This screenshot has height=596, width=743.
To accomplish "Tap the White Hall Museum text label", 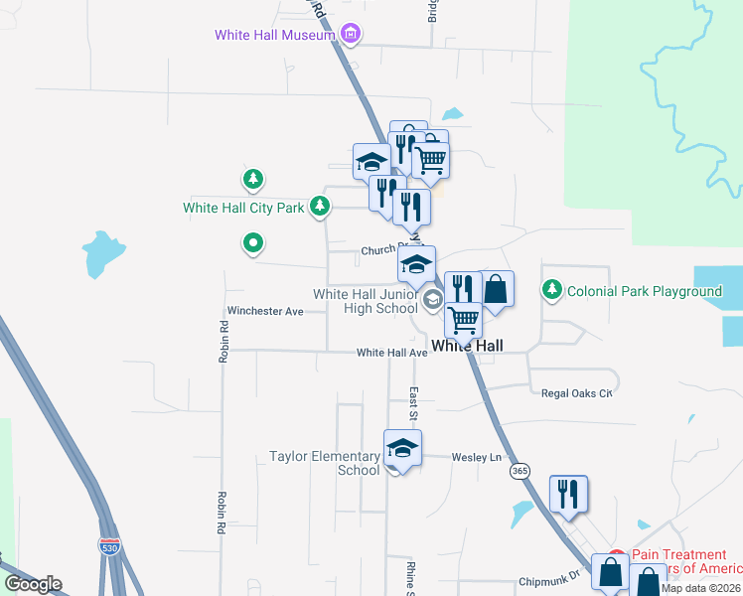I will point(276,36).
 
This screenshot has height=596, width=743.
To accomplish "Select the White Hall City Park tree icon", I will point(319,207).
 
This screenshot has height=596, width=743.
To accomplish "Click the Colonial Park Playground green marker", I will point(552,290).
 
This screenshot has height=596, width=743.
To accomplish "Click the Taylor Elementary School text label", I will point(325,463).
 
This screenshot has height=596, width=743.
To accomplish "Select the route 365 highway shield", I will point(519,470).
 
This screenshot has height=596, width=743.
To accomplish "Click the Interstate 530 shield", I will point(111,545).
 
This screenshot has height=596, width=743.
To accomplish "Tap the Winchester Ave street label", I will point(265,311).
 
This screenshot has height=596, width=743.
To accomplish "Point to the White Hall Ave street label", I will point(391,353).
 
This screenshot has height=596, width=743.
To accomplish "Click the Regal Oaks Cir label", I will point(577,393).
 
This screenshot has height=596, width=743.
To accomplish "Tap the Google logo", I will point(33,583).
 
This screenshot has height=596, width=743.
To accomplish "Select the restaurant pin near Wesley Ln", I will point(568,494).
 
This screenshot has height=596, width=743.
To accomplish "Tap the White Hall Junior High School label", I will point(366,301).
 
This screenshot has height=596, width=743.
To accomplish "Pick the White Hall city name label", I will point(467,346).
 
